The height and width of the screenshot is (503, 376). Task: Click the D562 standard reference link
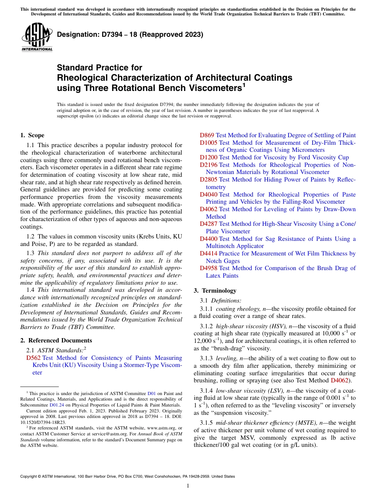point(33,358)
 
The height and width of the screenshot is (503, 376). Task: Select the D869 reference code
point(207,135)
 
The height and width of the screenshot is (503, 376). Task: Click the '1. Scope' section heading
point(32,135)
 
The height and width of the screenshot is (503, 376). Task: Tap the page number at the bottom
point(188,486)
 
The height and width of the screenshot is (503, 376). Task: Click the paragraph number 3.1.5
point(207,423)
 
